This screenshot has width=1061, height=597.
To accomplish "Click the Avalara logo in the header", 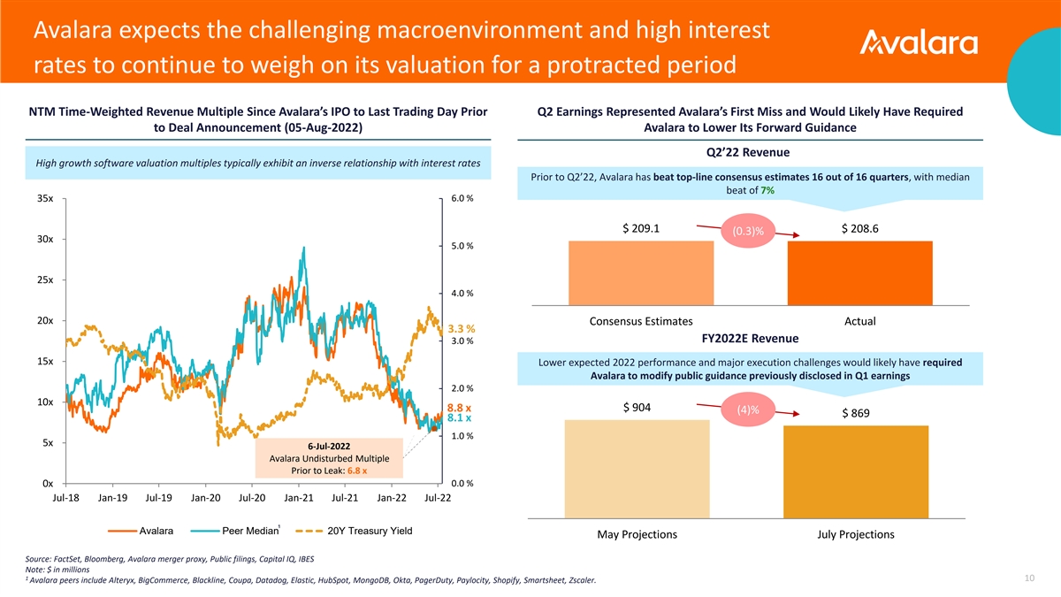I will coord(919,44).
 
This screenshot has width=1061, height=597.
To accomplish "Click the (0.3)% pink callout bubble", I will coord(748,231).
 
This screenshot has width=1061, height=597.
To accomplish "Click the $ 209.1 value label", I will coord(641,229).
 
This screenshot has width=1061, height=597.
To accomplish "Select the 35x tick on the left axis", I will coord(45,199).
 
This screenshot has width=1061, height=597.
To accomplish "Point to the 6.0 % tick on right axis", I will coord(462,198).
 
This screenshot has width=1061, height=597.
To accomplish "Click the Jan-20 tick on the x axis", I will coord(206,499).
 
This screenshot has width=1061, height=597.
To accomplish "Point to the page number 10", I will coord(1028,578).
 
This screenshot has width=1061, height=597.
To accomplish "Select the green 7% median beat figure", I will coord(767,190).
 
